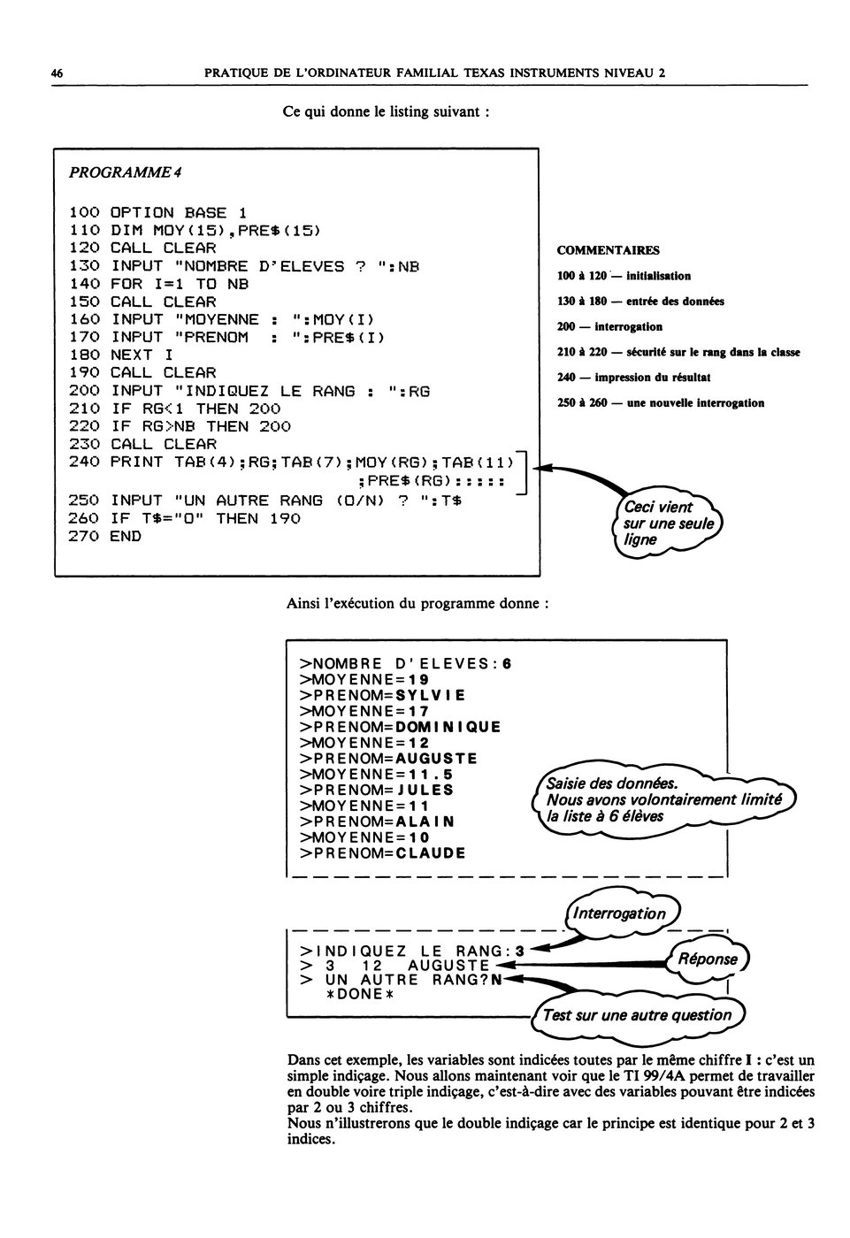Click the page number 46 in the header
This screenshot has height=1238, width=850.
57,73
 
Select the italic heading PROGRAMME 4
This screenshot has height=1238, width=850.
126,172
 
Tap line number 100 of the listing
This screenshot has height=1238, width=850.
84,213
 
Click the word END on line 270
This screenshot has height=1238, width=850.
126,537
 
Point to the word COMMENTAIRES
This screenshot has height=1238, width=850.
608,250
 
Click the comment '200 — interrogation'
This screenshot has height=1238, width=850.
609,326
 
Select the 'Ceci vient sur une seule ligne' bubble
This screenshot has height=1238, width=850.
667,523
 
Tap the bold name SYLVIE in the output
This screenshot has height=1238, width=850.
431,695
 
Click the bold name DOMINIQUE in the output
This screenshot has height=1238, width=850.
448,727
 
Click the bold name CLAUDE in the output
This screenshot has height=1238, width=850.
431,853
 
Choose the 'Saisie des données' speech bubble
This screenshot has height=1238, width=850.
663,799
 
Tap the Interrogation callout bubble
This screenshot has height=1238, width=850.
623,913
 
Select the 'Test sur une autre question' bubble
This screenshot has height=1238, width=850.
638,1016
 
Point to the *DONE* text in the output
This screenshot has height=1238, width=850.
359,994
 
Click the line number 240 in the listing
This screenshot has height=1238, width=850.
84,462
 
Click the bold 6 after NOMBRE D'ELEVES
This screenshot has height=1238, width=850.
507,664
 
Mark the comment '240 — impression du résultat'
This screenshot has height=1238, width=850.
634,378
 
